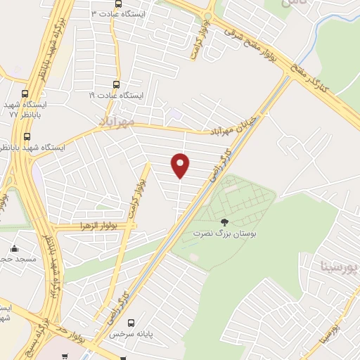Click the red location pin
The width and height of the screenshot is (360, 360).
181,165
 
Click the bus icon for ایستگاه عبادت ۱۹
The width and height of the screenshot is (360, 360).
117,83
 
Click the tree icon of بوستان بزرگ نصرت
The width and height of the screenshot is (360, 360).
224,222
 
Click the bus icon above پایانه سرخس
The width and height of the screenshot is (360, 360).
131,323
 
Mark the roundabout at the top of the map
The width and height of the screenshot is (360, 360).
208,18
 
